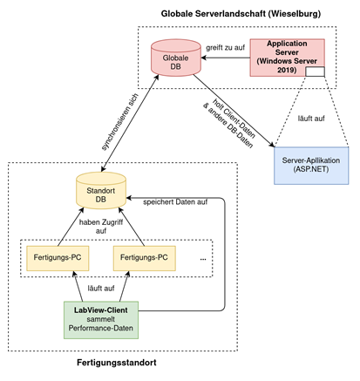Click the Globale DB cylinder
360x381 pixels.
176,58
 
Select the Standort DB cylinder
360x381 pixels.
101,191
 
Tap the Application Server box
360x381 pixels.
287,58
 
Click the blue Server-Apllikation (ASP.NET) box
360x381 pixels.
311,166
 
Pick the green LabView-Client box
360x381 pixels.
101,320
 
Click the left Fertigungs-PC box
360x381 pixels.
58,258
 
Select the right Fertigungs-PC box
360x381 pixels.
145,258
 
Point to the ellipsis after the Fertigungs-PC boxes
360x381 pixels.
203,259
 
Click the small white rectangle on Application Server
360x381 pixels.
315,71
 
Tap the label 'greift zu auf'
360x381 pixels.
226,47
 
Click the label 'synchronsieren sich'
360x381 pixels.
120,122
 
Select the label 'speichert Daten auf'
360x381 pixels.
175,202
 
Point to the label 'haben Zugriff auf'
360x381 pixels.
101,227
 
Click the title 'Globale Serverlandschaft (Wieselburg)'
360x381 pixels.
241,14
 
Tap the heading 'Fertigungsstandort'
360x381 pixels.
117,363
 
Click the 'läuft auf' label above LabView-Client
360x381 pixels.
101,288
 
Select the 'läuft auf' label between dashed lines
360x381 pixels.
311,119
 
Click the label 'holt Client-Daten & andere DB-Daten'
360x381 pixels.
229,124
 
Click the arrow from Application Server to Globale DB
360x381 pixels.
226,58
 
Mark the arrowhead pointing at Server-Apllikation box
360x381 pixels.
272,145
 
